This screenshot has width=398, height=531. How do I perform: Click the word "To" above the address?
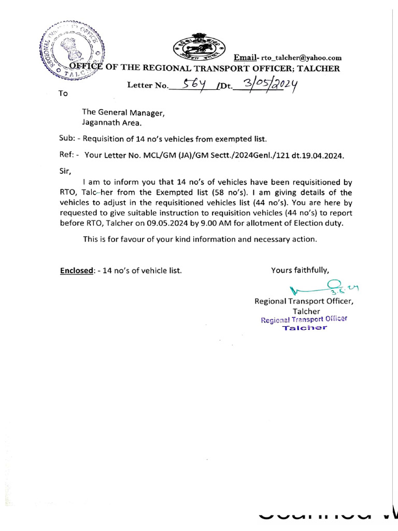(63, 94)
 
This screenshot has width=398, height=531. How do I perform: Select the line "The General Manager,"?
(123, 113)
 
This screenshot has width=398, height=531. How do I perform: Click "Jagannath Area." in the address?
(111, 123)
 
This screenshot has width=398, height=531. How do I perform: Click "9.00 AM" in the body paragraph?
(252, 223)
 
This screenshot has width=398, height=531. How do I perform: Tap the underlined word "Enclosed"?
(77, 270)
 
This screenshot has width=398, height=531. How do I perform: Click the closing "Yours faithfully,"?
(300, 270)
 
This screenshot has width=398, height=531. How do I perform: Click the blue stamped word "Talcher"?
(304, 328)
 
